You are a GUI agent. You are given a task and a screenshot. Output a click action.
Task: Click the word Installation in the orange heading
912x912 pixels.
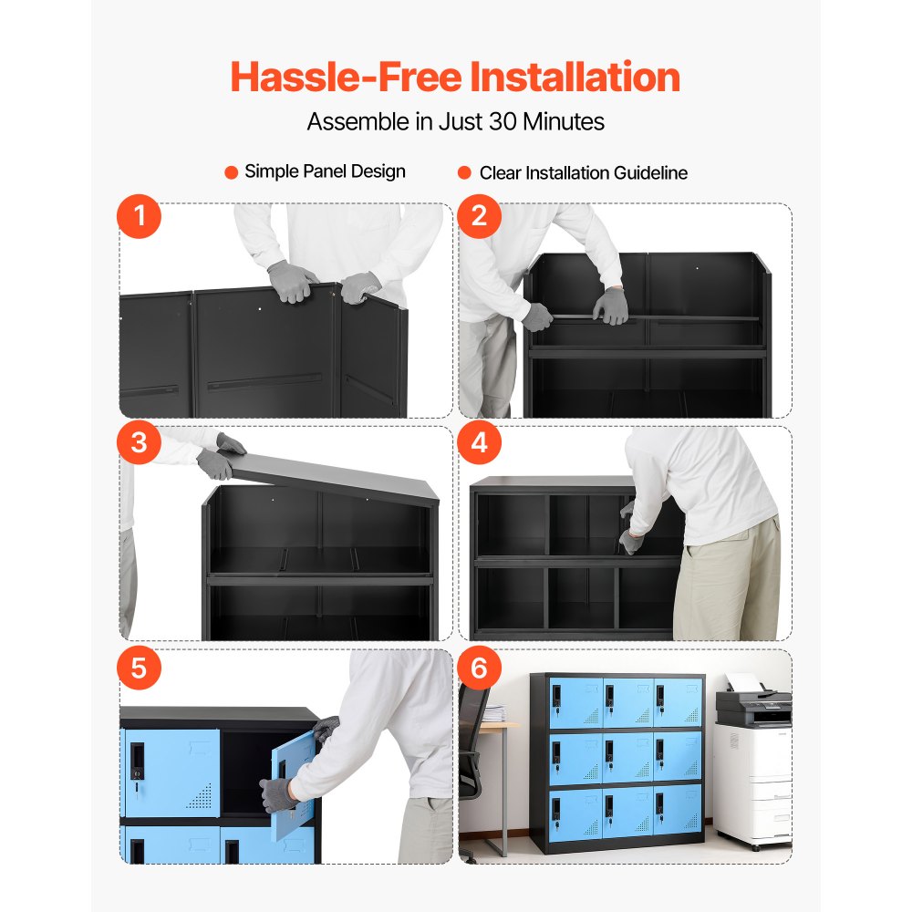point(575,77)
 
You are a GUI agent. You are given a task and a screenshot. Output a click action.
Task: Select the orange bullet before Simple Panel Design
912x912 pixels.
point(232,171)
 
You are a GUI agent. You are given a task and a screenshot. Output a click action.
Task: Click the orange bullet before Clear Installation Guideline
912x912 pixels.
point(463,172)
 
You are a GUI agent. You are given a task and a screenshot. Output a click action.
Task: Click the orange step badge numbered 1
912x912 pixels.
point(140,219)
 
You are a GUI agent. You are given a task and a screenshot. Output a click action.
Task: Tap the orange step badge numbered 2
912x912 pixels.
point(480,219)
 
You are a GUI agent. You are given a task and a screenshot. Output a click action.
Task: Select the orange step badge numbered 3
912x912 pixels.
point(140,443)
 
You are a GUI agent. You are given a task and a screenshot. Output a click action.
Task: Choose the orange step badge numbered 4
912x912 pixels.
point(480,443)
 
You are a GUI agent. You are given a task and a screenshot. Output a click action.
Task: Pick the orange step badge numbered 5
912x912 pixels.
point(140,668)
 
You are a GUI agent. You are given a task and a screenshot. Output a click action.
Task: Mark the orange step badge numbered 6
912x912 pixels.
point(480,668)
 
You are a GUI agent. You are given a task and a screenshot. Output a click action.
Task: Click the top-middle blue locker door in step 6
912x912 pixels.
point(626,702)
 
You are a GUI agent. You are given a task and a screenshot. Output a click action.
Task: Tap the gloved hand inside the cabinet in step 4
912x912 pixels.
point(630,540)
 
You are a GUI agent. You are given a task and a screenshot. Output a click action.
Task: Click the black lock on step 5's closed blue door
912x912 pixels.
point(137,762)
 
